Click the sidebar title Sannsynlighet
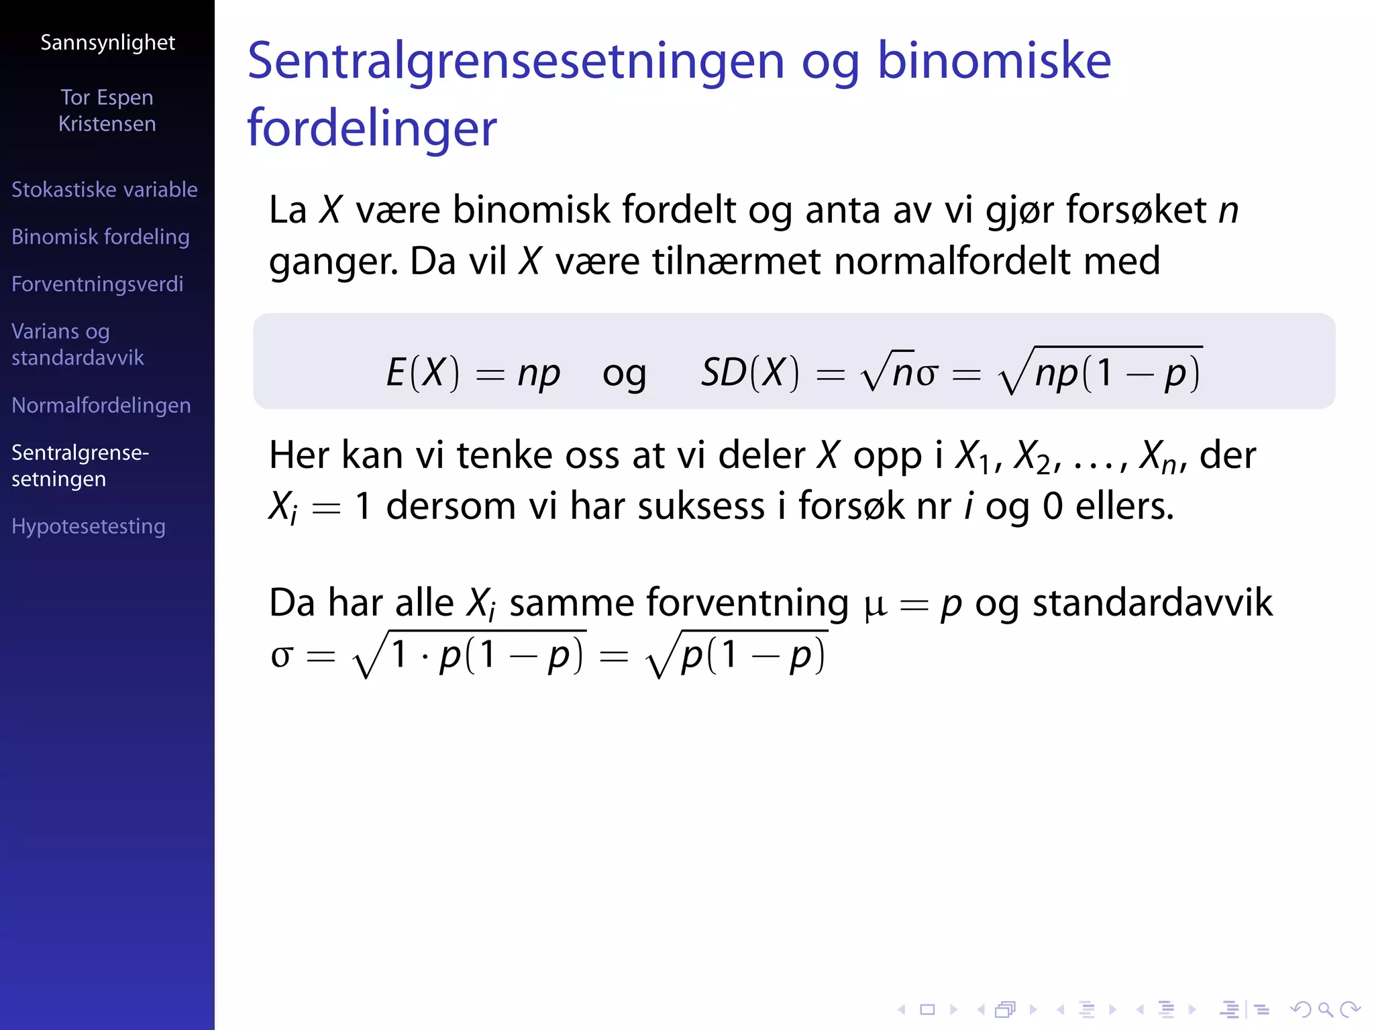[107, 43]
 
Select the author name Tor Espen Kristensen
[107, 111]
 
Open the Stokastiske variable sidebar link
[105, 190]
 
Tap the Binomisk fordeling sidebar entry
[101, 237]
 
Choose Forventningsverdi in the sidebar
[97, 284]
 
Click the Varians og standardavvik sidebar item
[78, 344]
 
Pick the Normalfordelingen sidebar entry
[101, 406]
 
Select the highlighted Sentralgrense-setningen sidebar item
[80, 465]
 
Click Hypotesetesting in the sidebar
[89, 526]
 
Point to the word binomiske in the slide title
[994, 62]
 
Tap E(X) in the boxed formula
[423, 372]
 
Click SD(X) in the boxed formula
[750, 372]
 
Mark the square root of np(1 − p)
[1100, 371]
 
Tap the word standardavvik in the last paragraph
[1151, 602]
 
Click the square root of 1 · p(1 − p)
[469, 654]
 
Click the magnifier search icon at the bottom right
[1325, 1009]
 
